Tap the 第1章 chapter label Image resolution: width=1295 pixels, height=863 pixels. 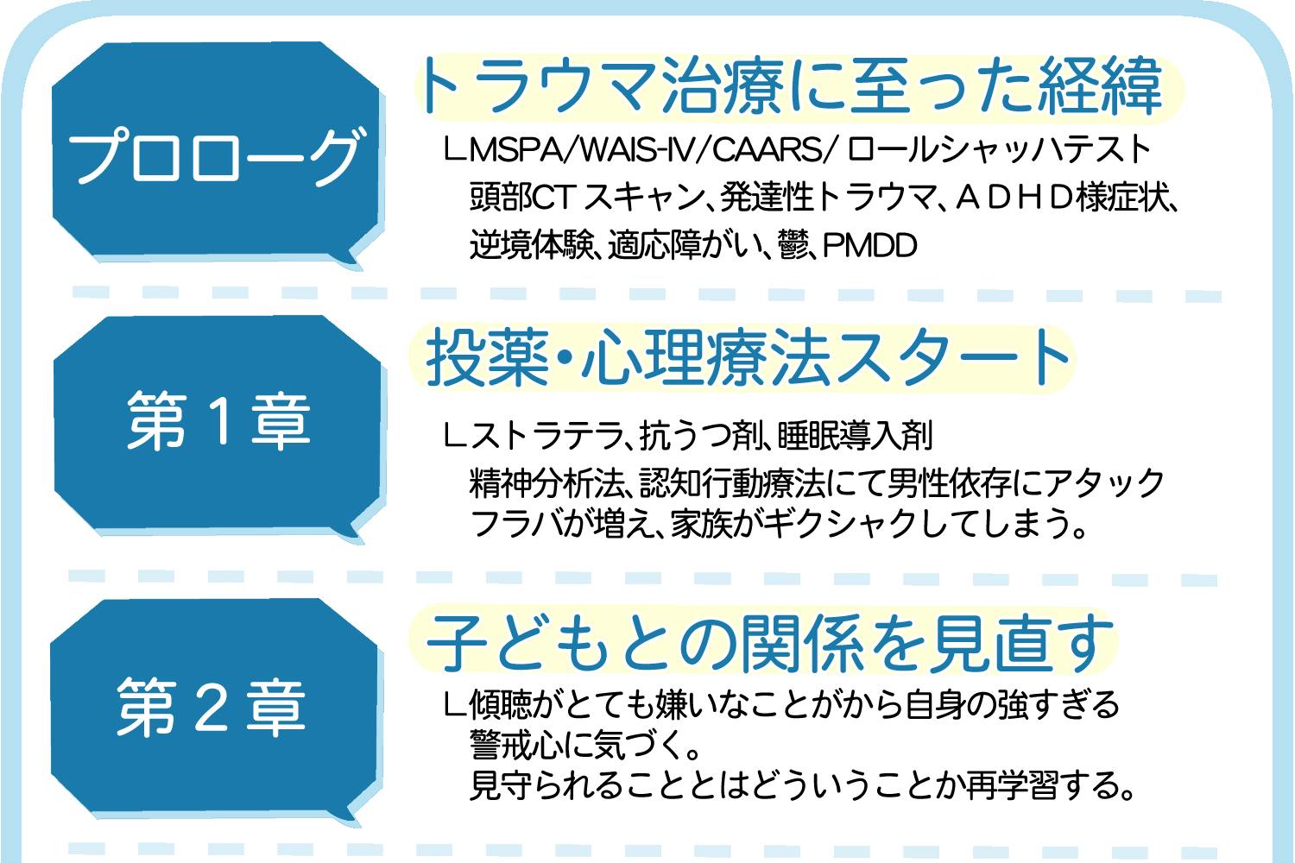click(x=218, y=420)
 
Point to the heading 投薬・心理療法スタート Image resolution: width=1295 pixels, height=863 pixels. click(x=747, y=356)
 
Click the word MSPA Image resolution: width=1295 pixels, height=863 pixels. click(x=515, y=149)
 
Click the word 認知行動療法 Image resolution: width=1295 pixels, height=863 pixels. click(x=732, y=482)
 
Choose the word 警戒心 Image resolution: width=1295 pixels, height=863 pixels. click(x=515, y=745)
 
